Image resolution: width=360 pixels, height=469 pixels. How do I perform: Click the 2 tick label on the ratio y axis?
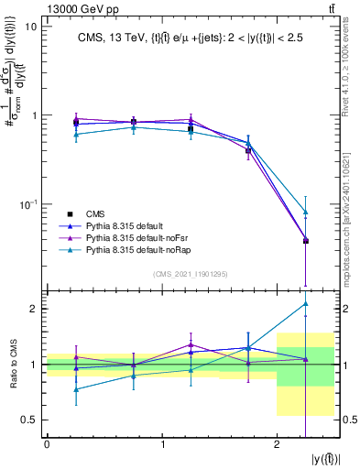coord(36,309)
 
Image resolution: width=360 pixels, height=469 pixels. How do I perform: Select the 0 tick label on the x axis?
coord(47,444)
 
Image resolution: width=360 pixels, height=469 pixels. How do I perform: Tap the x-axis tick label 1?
coord(162,444)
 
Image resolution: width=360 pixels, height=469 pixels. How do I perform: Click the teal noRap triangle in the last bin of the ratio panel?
coord(306,303)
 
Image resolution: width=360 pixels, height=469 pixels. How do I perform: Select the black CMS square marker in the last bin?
coord(306,241)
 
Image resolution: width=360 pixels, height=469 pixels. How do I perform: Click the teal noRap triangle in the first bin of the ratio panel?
coord(75,389)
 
